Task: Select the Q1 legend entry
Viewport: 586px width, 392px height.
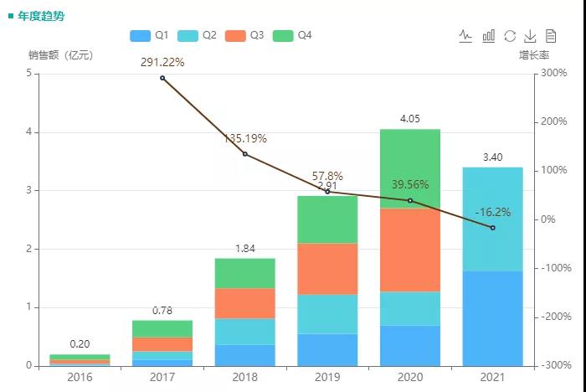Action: tap(150, 36)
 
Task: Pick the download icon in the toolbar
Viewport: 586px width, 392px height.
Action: tap(530, 36)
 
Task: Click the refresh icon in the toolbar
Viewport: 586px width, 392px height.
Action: tap(510, 36)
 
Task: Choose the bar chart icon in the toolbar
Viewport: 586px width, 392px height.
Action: tap(488, 36)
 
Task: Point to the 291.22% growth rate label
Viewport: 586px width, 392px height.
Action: tap(162, 62)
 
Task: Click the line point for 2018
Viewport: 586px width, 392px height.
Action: tap(244, 154)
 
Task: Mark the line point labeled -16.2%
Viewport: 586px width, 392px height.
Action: tap(492, 228)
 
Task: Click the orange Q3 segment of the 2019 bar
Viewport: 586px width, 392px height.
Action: tap(327, 268)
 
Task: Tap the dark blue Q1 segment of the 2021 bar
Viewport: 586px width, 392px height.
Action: tap(492, 318)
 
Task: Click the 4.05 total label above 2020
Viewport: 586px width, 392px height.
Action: tap(410, 119)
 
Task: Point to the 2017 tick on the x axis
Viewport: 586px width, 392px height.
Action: tap(162, 378)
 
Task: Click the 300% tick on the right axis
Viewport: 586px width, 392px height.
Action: tap(553, 74)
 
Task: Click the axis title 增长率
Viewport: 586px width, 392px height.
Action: tap(533, 55)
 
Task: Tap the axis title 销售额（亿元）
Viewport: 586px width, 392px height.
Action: tap(60, 55)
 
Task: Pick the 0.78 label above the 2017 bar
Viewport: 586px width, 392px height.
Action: tap(162, 311)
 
